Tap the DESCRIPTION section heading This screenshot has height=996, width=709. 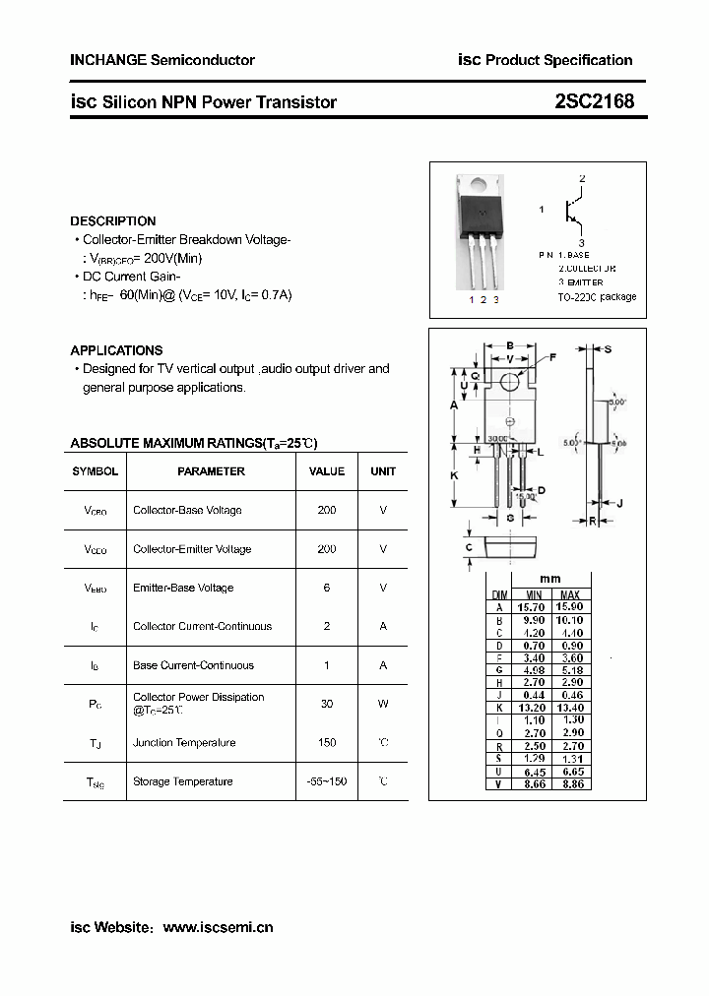[113, 221]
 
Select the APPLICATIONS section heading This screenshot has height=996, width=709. [116, 350]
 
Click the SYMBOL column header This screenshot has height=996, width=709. [96, 471]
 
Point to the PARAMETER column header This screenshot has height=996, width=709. [211, 471]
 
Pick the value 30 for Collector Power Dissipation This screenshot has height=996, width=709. [327, 704]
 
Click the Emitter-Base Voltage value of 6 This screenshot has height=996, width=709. [327, 588]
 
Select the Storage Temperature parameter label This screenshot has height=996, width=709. [183, 781]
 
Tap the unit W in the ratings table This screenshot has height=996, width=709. [383, 704]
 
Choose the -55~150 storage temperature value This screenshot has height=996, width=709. [327, 781]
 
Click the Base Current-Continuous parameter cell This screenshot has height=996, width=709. [193, 665]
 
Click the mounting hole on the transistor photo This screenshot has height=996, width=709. [478, 183]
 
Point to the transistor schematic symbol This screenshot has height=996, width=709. [571, 210]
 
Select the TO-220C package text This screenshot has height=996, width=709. [597, 296]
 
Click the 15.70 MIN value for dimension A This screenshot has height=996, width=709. [533, 607]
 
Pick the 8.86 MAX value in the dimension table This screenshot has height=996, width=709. [570, 784]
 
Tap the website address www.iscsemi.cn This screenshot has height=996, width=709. [218, 927]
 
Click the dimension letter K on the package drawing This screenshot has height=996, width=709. [454, 475]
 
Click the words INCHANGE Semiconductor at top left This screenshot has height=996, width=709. [162, 60]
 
